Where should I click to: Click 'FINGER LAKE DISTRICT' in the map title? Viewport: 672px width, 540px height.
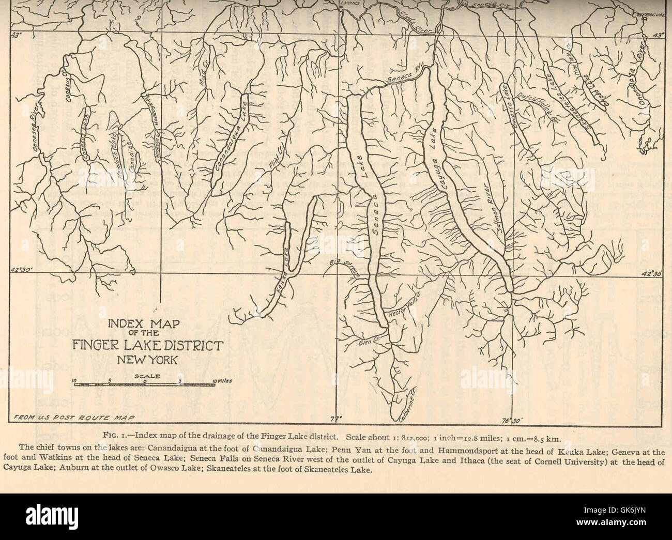click(147, 345)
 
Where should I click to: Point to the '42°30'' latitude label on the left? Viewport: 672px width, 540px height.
click(22, 269)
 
